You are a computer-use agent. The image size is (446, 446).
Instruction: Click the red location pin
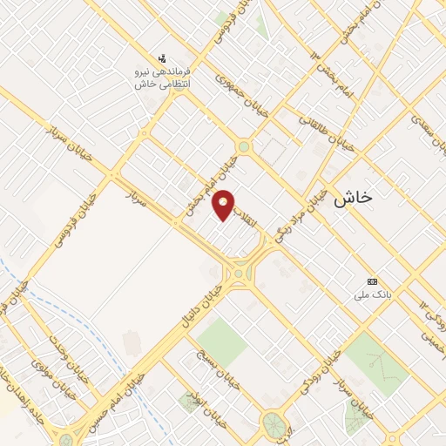(x=225, y=205)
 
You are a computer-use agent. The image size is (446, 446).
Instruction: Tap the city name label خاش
(x=352, y=198)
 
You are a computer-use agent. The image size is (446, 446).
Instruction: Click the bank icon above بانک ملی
(x=373, y=282)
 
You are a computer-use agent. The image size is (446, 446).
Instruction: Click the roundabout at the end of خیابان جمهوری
(x=244, y=147)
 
